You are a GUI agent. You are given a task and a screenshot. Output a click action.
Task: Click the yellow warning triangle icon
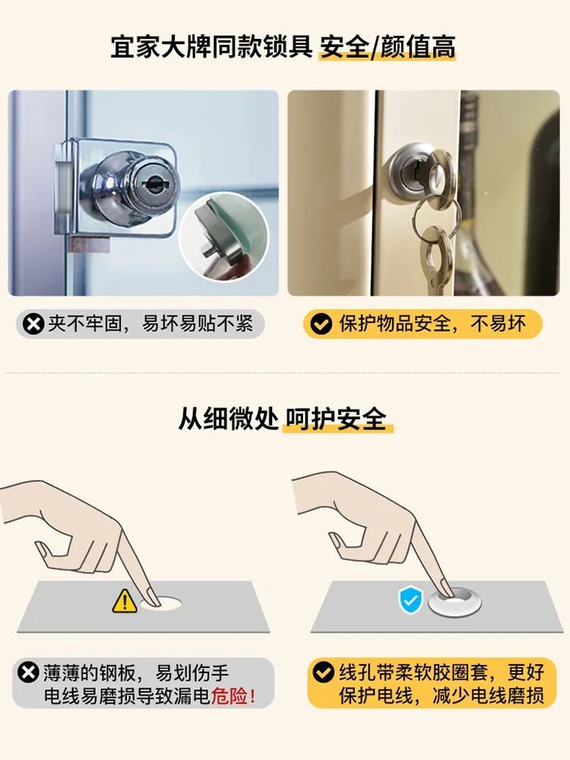point(125,601)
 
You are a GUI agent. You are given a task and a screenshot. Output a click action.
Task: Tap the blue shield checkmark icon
point(410,600)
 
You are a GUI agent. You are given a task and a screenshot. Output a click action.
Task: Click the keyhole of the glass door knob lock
point(155,184)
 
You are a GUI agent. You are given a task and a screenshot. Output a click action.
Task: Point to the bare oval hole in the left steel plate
point(161,603)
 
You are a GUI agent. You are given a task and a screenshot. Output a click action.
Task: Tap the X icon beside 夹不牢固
point(33,324)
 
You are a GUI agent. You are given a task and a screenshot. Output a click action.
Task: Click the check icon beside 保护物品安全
point(321,324)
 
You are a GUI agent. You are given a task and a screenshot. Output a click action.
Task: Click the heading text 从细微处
point(228,419)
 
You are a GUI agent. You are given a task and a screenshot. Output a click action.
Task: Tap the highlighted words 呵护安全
point(336,419)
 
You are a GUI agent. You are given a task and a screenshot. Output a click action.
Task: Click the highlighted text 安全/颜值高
point(388,47)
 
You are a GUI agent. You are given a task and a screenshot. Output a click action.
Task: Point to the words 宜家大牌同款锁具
point(211,47)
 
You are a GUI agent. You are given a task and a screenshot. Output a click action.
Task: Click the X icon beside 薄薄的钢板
point(28,673)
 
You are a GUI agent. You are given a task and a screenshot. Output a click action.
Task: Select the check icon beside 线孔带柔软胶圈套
point(323,673)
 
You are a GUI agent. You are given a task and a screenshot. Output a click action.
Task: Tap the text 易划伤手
point(192,673)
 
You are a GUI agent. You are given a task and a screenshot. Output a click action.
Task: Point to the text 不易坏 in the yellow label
point(498,324)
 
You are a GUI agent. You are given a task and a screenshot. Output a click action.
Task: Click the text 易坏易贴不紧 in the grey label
point(198,324)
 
